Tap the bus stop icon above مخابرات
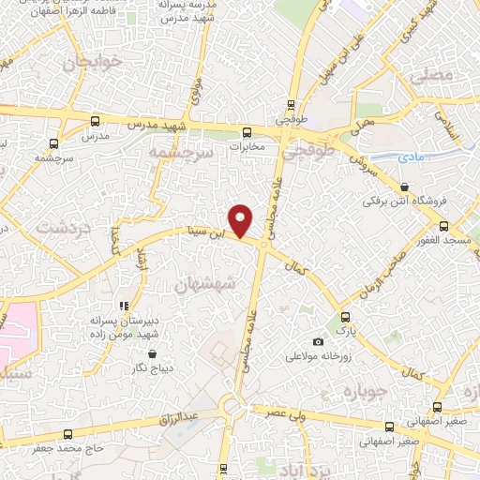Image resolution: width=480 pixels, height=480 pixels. point(247,132)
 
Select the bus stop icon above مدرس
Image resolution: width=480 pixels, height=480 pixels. point(96,121)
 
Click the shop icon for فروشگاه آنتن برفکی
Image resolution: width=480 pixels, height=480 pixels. point(404,187)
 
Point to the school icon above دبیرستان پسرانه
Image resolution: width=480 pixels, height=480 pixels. point(123,306)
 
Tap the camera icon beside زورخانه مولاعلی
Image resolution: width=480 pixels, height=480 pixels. point(318,342)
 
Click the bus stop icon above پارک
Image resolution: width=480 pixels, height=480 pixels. point(346,317)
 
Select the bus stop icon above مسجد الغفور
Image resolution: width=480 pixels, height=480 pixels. point(444,226)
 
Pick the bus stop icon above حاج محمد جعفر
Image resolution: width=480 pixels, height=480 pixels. point(67,434)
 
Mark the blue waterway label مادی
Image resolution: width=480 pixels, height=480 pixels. point(411,157)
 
